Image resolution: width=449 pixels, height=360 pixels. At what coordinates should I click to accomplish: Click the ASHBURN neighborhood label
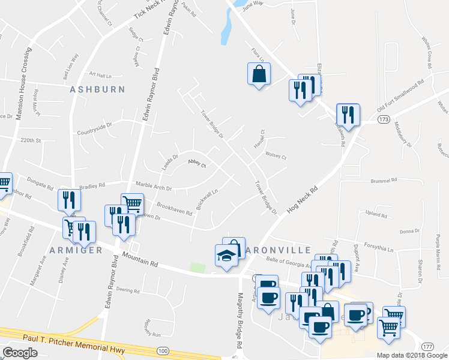(97, 89)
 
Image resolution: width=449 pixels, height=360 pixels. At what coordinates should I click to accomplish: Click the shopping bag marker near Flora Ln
(259, 74)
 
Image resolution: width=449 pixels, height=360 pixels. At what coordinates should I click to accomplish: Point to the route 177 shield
(427, 347)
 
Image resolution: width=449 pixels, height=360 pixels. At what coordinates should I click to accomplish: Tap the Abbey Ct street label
(197, 163)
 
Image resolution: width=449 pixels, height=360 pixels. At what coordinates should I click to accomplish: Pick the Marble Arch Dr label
(154, 187)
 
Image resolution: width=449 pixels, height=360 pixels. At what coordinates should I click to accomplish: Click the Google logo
(20, 352)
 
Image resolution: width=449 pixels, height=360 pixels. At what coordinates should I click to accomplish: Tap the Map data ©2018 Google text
(411, 355)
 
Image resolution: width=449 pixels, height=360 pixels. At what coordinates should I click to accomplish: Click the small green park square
(197, 267)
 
